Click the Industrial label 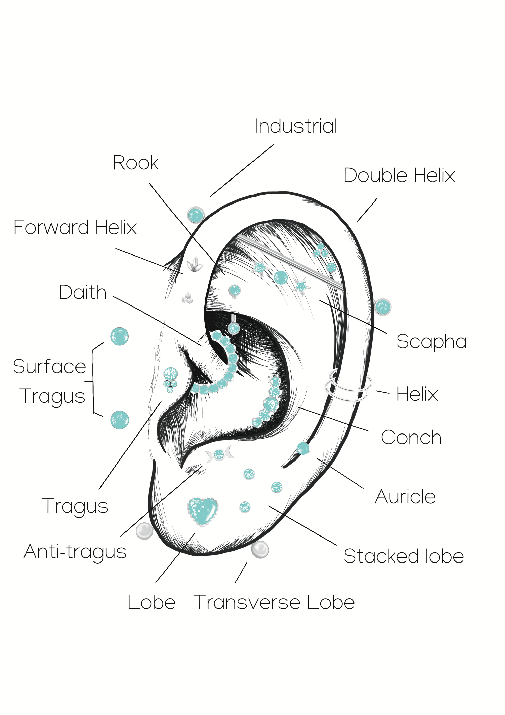pos(296,126)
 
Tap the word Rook pos(136,163)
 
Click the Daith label pos(83,292)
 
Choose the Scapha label pos(432,342)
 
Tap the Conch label pos(411,438)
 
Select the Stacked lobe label pos(404,556)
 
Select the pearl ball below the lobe pos(260,549)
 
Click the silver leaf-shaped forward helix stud pos(195,265)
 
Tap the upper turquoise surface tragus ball pos(119,336)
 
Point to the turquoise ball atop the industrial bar pos(196,215)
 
